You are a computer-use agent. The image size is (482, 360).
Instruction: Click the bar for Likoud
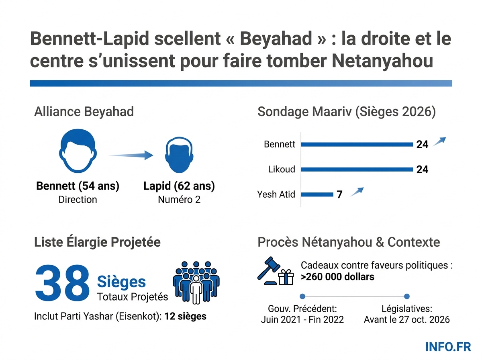coord(357,170)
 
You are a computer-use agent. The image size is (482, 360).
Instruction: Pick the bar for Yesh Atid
coord(317,195)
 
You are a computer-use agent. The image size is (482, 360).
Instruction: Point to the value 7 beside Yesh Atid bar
coord(339,195)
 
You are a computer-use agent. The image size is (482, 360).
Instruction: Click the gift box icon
coord(286,277)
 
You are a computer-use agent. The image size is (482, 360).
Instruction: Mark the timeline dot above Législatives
coord(406,297)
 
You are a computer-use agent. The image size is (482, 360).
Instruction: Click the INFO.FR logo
coord(449,346)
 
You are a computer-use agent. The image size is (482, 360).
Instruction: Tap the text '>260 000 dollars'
coord(337,277)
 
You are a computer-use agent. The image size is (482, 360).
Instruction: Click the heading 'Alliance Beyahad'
coord(84,112)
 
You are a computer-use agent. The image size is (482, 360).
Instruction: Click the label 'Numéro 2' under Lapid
coord(179,199)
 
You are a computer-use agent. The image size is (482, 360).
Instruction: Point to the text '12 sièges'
coord(185,316)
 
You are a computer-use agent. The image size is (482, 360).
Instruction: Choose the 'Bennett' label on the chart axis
coord(280,144)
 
